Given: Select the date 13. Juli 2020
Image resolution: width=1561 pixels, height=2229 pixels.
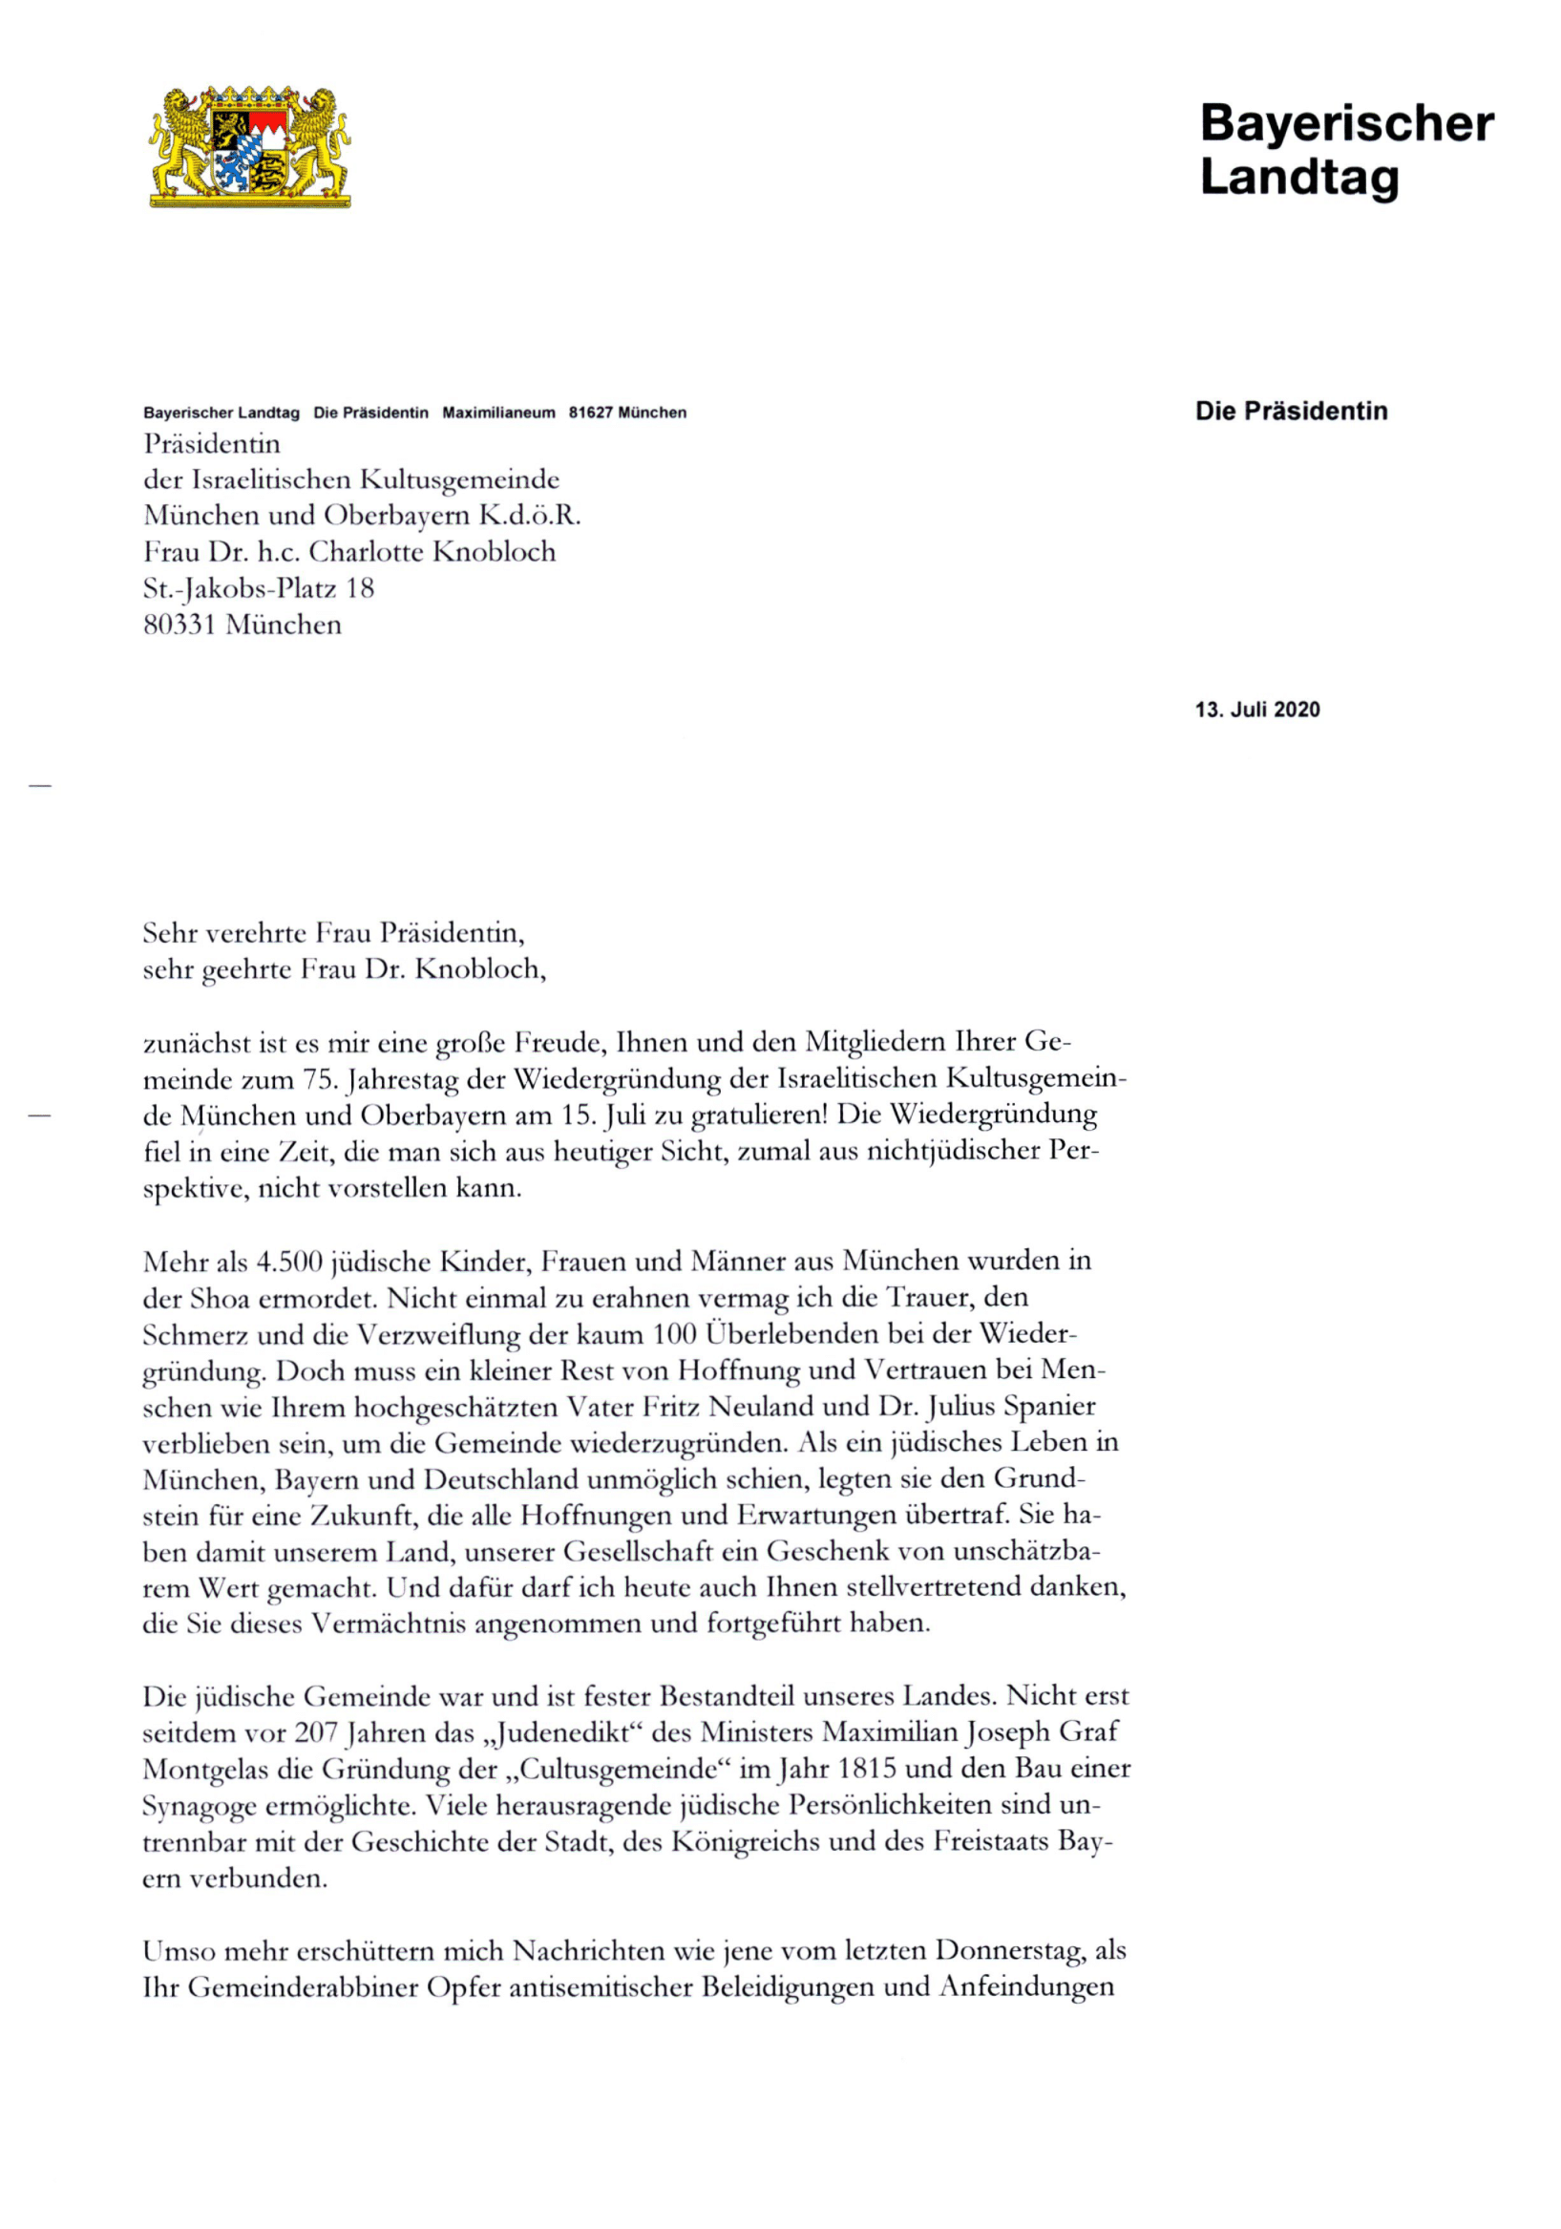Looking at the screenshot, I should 1256,710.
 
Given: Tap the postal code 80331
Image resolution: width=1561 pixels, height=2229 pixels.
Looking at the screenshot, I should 179,625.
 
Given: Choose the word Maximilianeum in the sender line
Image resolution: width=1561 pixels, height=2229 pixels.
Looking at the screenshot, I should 498,413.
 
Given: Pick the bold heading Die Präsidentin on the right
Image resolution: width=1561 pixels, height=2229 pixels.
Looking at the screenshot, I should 1290,411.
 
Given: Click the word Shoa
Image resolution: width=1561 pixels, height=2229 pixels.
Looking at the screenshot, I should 221,1298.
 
